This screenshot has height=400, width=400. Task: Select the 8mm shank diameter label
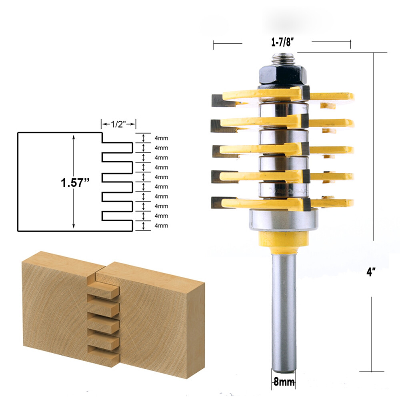coord(283,382)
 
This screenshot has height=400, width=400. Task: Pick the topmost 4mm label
coord(161,138)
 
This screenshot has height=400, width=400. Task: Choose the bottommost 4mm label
coord(161,226)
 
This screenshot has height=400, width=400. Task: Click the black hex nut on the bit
coord(282,74)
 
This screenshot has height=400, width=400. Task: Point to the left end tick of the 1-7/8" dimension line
coord(214,45)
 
